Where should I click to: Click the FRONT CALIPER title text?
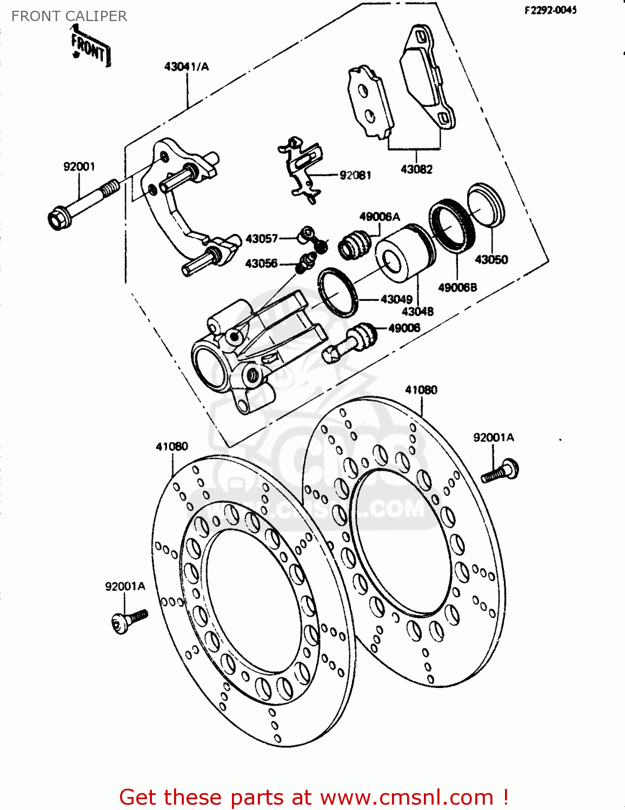69,16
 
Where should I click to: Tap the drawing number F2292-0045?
550,10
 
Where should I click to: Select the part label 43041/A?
186,66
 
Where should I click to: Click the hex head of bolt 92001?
58,219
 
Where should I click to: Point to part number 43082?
416,169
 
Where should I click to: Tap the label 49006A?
380,217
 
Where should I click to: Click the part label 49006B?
457,287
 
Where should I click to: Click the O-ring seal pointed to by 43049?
338,291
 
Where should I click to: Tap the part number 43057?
262,238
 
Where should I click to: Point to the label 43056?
261,263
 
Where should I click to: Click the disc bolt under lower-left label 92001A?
129,620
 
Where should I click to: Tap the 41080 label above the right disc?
421,389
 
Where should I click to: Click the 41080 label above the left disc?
172,446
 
